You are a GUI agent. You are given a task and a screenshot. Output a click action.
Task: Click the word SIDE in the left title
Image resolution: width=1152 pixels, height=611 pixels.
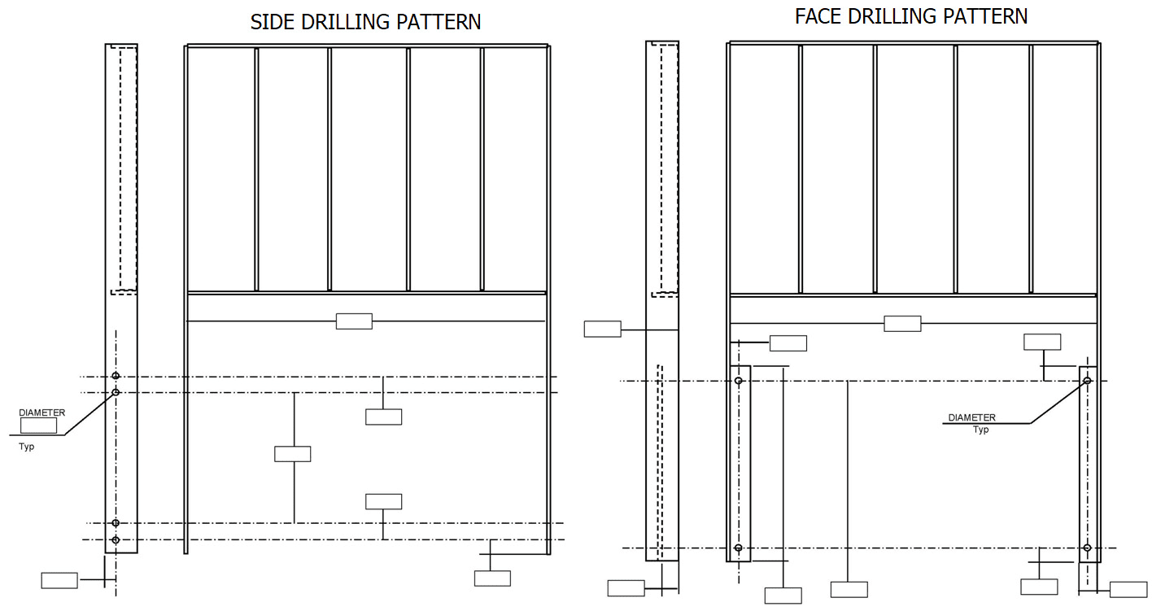[x=273, y=22]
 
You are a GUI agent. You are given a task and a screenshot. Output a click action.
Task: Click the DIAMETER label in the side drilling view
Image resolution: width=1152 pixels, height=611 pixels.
[x=41, y=413]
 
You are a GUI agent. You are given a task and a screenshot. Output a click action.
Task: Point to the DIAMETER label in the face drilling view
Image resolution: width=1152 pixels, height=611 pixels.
[x=971, y=418]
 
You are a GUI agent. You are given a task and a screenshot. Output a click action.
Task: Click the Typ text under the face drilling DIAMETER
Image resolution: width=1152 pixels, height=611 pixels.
[x=981, y=430]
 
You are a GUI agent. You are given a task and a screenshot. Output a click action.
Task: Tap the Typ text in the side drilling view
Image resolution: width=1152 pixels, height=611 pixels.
[x=27, y=447]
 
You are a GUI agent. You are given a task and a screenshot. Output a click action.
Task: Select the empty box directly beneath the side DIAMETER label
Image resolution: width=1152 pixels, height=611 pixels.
[x=38, y=426]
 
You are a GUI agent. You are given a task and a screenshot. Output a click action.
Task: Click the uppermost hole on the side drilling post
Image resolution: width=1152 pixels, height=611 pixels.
[x=116, y=376]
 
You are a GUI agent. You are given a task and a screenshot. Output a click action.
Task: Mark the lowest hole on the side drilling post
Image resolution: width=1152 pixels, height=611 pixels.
[x=116, y=539]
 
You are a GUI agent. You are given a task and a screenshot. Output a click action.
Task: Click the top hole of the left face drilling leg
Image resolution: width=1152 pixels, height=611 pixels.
[x=739, y=381]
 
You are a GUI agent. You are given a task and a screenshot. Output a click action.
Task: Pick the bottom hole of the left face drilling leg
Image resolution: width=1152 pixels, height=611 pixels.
[x=739, y=548]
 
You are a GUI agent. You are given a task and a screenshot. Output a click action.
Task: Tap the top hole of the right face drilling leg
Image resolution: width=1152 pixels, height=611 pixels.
[x=1086, y=381]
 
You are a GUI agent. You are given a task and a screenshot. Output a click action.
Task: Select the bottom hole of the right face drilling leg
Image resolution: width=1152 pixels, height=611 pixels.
[x=1087, y=548]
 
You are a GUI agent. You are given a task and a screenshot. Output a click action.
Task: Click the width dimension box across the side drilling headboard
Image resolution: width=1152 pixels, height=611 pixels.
[x=354, y=321]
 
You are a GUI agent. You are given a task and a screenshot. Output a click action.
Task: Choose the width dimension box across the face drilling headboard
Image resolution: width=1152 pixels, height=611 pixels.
[x=902, y=324]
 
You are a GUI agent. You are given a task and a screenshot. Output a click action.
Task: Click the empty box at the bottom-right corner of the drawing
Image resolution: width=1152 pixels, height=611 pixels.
[x=1128, y=590]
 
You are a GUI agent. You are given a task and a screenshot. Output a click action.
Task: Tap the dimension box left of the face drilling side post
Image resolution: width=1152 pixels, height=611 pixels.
[x=602, y=329]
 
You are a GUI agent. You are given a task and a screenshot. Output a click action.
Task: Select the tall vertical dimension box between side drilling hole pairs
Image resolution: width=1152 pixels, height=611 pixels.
[x=292, y=454]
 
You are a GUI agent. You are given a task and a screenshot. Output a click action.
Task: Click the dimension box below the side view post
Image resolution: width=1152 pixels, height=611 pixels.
[x=59, y=580]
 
